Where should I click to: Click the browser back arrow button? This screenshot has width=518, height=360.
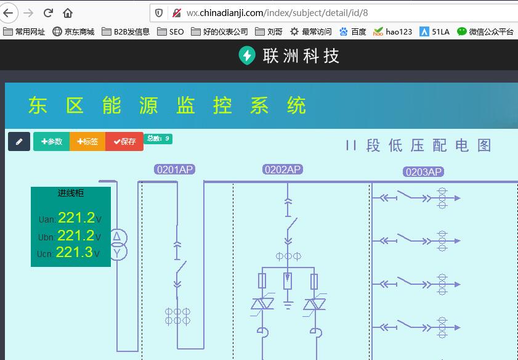8,13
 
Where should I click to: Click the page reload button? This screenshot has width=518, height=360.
48,13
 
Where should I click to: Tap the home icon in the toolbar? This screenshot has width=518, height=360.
68,13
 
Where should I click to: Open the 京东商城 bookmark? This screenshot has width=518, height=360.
74,31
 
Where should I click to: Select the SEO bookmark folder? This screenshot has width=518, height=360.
171,31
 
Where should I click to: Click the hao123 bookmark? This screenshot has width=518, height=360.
392,31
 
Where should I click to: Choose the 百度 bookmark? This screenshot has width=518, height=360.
353,31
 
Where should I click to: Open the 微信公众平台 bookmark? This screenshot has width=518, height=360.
485,31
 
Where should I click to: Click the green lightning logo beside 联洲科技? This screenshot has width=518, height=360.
247,55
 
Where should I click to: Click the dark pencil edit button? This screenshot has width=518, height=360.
19,142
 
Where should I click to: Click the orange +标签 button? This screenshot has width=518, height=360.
87,142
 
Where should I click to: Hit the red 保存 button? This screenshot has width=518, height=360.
124,142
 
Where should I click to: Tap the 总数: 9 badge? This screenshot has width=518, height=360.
158,139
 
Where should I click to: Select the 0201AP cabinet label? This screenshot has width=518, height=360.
175,170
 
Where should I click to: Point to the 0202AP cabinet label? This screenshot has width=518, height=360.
283,170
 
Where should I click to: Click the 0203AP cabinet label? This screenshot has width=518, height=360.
424,172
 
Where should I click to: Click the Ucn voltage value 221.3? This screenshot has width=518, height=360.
75,252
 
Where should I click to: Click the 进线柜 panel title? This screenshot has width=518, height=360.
71,193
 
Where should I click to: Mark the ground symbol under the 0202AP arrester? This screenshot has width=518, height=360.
288,305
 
